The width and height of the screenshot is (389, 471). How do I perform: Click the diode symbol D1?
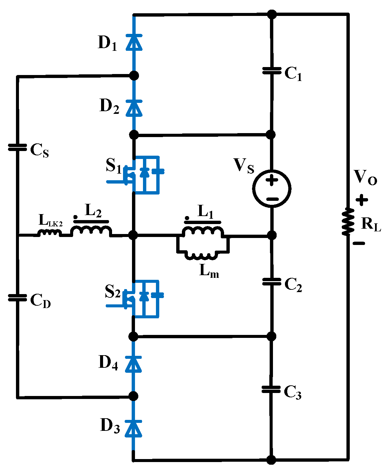click(x=134, y=42)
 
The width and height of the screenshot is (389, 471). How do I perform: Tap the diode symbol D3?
click(x=134, y=428)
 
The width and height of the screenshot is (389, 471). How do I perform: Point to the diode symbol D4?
click(x=134, y=364)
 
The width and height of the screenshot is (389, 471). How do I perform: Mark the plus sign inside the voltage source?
click(x=272, y=181)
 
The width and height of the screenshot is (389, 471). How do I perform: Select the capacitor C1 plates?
click(x=272, y=70)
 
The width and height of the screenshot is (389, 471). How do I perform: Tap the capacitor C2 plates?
click(x=272, y=281)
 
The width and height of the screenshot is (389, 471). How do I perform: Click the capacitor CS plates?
click(x=17, y=147)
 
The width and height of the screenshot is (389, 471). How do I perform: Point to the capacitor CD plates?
click(x=17, y=297)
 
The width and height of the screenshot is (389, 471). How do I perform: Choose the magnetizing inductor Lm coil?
click(x=202, y=256)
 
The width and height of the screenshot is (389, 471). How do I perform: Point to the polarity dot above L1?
click(x=187, y=218)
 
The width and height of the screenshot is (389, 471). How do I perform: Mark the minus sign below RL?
click(x=359, y=243)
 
